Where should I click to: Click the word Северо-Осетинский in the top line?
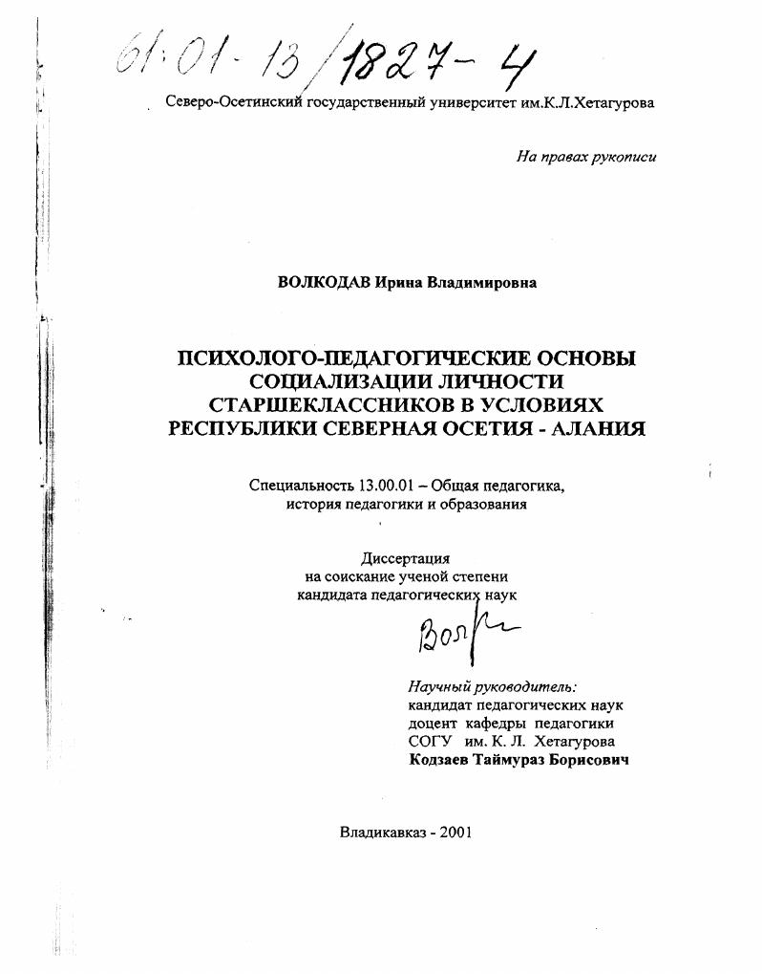(x=234, y=103)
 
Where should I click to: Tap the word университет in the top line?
(x=473, y=103)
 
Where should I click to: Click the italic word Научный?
(x=439, y=685)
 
